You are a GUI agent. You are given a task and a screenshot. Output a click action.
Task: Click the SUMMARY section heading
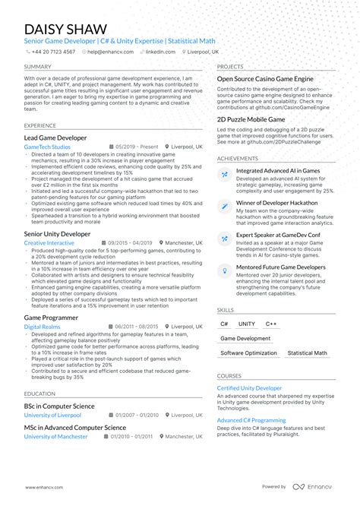pos(38,67)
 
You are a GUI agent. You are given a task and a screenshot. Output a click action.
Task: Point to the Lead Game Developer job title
pos(55,138)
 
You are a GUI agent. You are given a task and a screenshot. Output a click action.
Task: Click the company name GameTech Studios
pos(47,147)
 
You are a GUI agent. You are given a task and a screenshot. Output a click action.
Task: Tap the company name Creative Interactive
pos(49,243)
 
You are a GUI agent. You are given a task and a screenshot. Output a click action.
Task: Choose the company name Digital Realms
pos(42,326)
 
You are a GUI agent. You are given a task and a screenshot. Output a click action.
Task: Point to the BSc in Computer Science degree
pos(59,406)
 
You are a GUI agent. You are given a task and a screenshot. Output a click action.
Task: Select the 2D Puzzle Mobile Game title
pos(251,119)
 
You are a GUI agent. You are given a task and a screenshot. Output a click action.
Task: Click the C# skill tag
pos(226,324)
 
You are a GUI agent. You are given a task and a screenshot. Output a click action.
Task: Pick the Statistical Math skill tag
pos(308,353)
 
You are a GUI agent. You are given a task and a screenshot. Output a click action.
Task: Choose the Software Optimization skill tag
pos(249,353)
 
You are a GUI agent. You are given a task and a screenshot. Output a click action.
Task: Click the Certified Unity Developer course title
pos(249,388)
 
